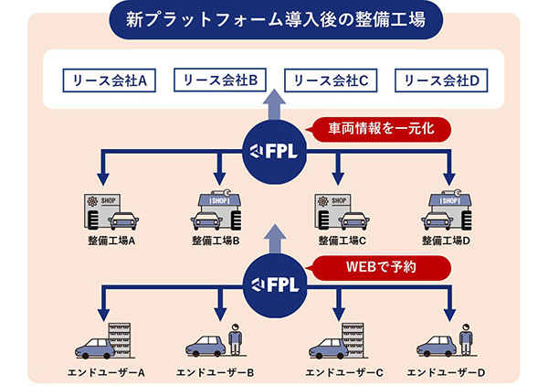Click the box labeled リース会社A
109,80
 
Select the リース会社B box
220,80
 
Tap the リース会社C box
331,80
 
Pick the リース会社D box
441,80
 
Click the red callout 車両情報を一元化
379,129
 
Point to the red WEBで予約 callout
379,268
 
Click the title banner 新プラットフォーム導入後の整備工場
276,20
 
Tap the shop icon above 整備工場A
111,212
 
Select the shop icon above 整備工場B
216,209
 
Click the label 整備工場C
342,241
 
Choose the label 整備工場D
446,241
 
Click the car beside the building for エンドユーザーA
95,348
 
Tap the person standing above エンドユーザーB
236,338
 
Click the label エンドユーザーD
446,372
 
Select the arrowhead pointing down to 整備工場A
103,179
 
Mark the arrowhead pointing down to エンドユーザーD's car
449,315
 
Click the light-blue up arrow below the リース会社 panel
274,104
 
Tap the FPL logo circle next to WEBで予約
275,285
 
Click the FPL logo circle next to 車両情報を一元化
274,152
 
